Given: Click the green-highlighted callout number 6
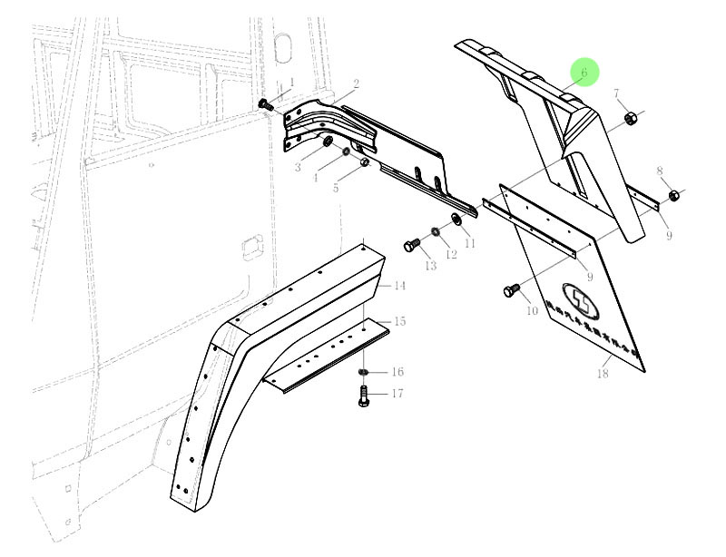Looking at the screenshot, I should pyautogui.click(x=584, y=72).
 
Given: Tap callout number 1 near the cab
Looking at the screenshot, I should pyautogui.click(x=292, y=83).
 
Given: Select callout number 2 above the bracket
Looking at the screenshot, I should pyautogui.click(x=357, y=84).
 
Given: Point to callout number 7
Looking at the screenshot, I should pyautogui.click(x=617, y=93).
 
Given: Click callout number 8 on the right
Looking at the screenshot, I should pyautogui.click(x=660, y=171).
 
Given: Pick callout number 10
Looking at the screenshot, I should pyautogui.click(x=533, y=311).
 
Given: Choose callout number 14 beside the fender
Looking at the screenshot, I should pyautogui.click(x=399, y=286).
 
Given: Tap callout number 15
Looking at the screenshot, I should pyautogui.click(x=399, y=322).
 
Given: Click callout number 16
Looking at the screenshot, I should pyautogui.click(x=397, y=372).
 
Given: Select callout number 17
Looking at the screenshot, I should pyautogui.click(x=397, y=394).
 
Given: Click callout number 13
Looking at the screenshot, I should pyautogui.click(x=429, y=265).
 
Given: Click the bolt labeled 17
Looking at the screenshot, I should pyautogui.click(x=363, y=396).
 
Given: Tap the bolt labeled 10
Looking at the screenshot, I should pyautogui.click(x=511, y=291).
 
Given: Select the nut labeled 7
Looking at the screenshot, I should pyautogui.click(x=630, y=118).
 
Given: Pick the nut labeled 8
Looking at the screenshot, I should pyautogui.click(x=672, y=195).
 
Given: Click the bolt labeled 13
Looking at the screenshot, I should pyautogui.click(x=411, y=245).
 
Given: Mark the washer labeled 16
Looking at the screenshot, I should pyautogui.click(x=363, y=372).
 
